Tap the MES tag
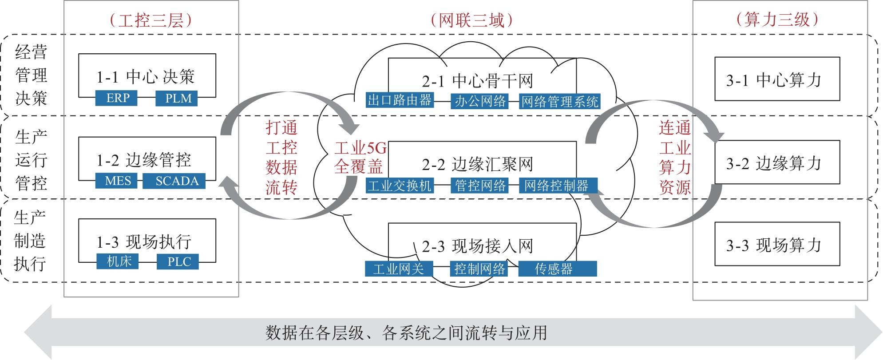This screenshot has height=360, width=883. click(118, 181)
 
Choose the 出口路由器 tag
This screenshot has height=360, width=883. click(400, 100)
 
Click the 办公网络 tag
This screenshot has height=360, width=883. click(479, 101)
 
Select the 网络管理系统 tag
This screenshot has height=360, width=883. click(559, 102)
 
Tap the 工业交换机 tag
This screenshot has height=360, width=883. click(400, 185)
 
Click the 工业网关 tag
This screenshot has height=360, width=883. click(398, 269)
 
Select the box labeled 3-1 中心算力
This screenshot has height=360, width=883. click(777, 79)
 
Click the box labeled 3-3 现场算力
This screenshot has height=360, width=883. click(777, 244)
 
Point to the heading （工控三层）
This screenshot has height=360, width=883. click(151, 20)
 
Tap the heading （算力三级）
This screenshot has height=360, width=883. click(777, 19)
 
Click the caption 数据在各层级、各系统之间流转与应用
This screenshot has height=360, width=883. click(406, 332)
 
